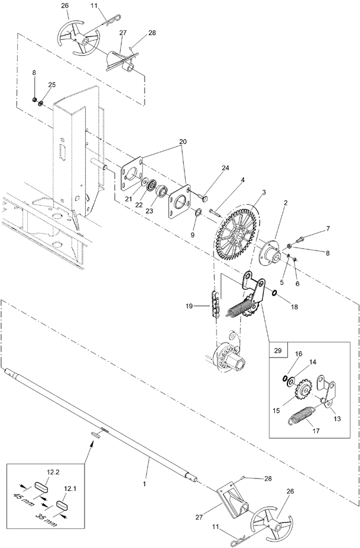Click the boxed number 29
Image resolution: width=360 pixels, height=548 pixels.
coord(278,350)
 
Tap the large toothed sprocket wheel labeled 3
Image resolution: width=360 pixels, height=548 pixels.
coord(237,235)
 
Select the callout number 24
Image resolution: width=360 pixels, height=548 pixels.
coord(225,168)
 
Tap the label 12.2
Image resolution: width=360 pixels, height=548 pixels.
coord(52,472)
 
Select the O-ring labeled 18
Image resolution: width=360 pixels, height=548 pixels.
coord(274,293)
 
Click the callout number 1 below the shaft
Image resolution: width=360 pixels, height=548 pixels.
coord(144,484)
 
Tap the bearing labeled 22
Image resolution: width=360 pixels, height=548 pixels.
coord(152,185)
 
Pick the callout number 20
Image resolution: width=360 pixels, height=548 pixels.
coord(183,142)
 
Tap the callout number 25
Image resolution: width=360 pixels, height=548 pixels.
coord(52,84)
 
